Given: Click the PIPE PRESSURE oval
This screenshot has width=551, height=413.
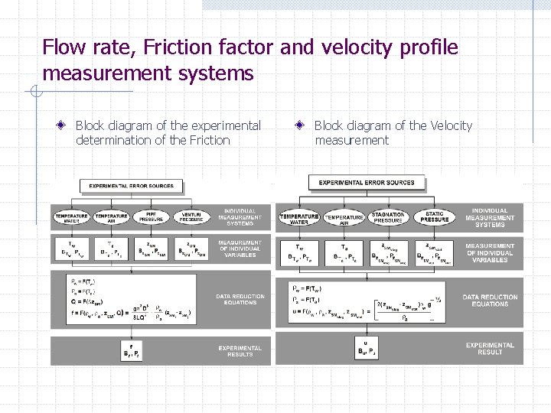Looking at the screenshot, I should pos(152,217).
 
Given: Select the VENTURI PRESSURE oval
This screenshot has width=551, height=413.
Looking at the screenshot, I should pos(192,217).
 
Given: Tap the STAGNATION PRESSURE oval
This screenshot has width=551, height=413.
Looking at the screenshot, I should pos(388,217).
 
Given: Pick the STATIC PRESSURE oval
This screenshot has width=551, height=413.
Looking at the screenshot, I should pos(434,217).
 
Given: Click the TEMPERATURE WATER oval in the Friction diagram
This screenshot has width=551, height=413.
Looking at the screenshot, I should pos(71,217).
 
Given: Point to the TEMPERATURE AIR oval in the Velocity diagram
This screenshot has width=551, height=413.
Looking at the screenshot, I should pos(344,217).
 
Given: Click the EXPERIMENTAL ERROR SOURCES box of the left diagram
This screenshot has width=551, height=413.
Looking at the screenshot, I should pos(132,186).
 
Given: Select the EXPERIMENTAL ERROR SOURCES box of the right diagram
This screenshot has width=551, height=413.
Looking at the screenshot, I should pos(367,183).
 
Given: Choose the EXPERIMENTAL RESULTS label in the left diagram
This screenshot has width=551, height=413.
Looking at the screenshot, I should pos(240,351).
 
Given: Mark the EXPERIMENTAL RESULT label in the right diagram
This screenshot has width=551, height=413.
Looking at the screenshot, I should pos(490,348).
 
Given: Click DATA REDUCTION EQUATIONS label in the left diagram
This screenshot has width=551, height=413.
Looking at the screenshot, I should pos(240,300).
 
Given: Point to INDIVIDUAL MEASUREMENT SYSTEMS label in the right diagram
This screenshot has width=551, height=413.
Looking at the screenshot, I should pos(490,218).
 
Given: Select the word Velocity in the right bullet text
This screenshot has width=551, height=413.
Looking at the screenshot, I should pos(452,125).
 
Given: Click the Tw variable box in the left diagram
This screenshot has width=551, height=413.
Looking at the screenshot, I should pos(71,250).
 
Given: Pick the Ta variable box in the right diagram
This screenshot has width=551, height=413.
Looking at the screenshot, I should pos(344,253).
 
